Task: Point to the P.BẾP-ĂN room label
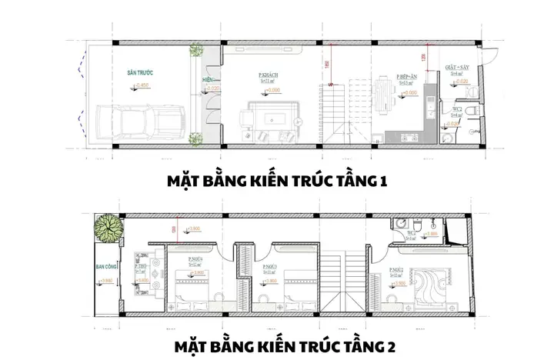pyautogui.click(x=407, y=77)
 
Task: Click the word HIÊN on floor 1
pyautogui.click(x=208, y=80)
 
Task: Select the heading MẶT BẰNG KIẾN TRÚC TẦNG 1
pyautogui.click(x=276, y=182)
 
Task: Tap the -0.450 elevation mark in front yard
pyautogui.click(x=140, y=85)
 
